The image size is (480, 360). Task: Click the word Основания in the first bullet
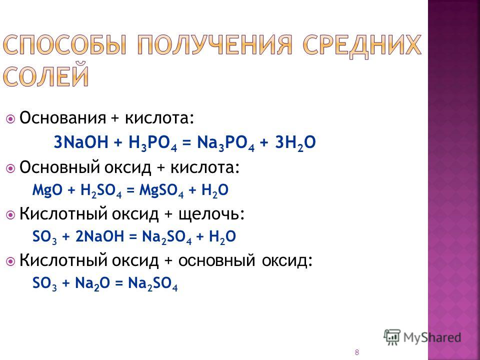63,118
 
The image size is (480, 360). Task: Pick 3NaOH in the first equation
81,142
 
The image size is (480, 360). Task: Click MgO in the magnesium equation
47,190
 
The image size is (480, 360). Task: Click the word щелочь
211,214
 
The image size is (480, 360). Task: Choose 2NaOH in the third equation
99,236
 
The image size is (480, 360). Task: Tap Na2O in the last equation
92,283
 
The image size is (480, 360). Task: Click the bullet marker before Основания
10,119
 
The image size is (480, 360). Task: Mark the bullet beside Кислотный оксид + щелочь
10,215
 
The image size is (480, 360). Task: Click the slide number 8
356,352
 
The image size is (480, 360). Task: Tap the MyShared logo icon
392,337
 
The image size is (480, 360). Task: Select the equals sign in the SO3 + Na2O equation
119,283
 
